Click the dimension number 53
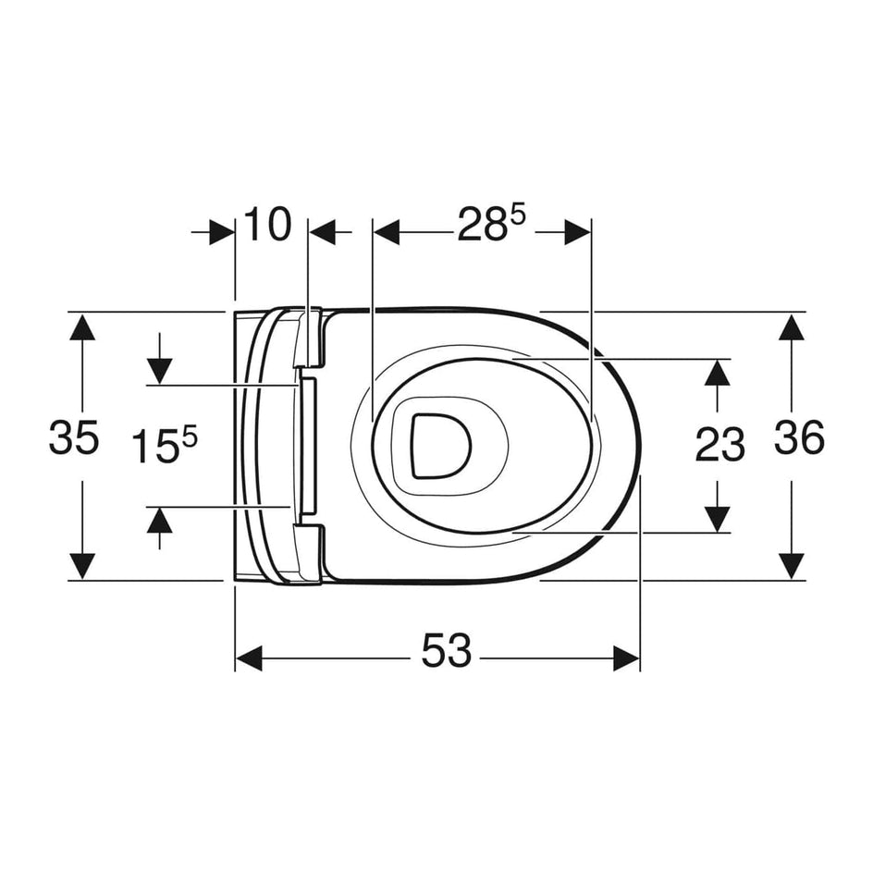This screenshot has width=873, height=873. click(447, 653)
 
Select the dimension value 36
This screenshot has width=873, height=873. click(800, 437)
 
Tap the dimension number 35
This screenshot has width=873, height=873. click(74, 438)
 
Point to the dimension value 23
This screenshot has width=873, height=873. click(719, 446)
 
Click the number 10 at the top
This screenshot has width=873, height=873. click(267, 225)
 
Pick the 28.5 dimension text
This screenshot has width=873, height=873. click(490, 225)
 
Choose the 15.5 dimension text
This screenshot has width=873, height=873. click(165, 446)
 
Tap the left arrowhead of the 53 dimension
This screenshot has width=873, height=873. click(248, 658)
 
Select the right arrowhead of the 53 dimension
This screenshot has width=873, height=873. click(627, 658)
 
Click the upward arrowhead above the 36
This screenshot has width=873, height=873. click(791, 328)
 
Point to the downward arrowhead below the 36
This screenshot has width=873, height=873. click(791, 564)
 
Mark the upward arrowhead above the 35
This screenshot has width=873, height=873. click(83, 328)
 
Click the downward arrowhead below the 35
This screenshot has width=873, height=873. click(83, 564)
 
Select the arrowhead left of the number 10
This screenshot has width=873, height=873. click(222, 232)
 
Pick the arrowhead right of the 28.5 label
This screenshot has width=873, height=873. click(577, 232)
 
